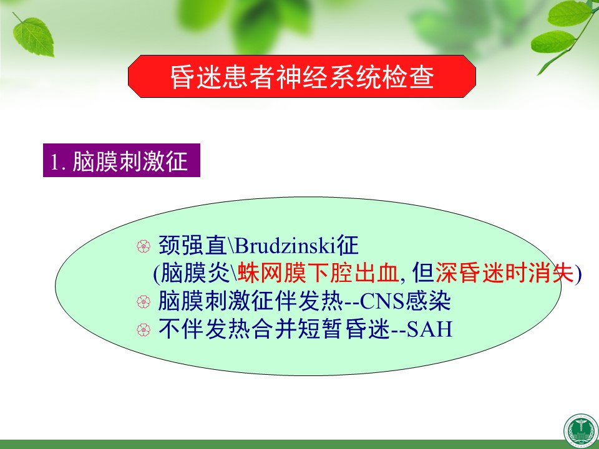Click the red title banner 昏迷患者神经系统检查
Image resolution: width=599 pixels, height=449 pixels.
coord(302,76)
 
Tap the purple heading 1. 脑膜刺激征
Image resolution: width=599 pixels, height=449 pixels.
coord(122,160)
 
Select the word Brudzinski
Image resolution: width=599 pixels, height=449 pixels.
coord(285,246)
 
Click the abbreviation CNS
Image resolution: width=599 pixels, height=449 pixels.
coord(382,301)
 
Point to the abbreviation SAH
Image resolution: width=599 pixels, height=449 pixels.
coord(429,329)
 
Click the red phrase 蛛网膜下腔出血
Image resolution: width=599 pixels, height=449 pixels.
coord(318,273)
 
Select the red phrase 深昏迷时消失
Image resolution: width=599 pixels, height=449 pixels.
coord(505,273)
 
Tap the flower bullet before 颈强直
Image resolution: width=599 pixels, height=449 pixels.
coord(144,246)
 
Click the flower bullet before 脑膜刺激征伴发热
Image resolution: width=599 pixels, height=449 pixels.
coord(144,302)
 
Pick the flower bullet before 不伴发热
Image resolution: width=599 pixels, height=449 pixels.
coord(144,330)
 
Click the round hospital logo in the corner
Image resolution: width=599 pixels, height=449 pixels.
coord(582,432)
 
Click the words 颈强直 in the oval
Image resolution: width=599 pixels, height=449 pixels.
coord(193,246)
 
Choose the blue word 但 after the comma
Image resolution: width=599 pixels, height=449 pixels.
coord(423,273)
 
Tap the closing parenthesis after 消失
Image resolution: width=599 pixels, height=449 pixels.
coord(578,274)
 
